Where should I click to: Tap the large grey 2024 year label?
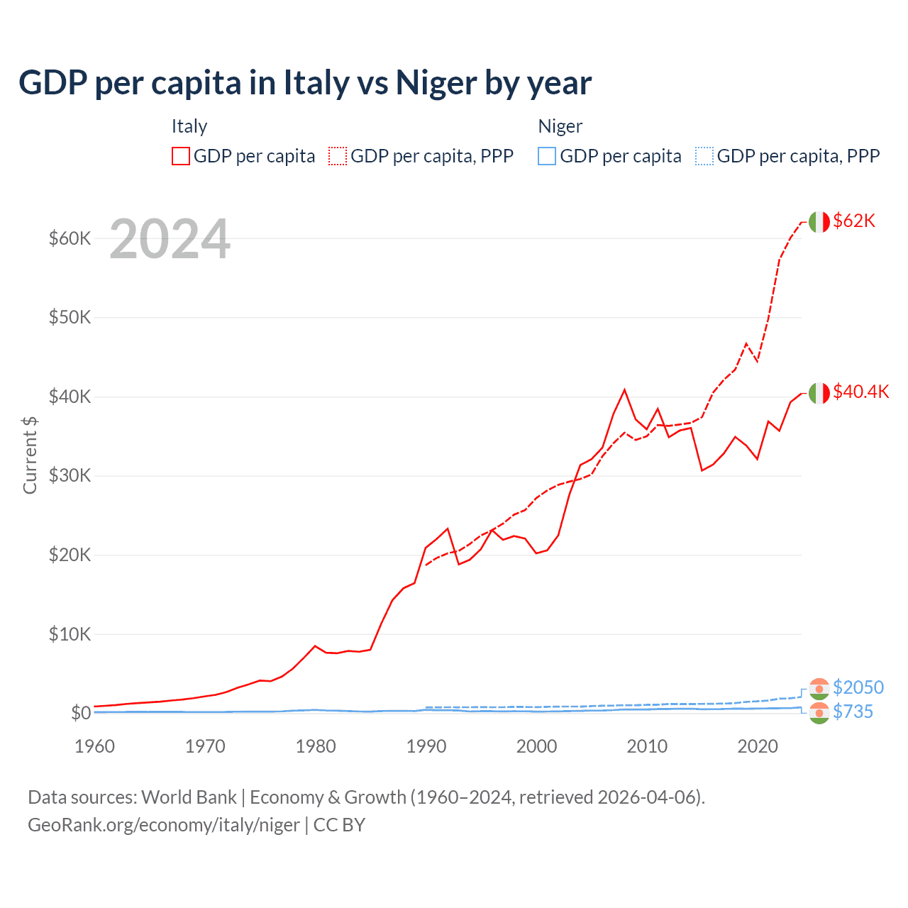170,240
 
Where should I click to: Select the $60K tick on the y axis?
70,238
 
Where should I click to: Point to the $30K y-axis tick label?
70,475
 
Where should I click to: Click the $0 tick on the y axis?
81,713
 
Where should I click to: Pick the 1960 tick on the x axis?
94,746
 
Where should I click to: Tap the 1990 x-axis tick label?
426,746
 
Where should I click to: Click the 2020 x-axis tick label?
758,746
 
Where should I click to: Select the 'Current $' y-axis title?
30,455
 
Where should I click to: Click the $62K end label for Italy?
854,221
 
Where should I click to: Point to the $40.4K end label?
860,392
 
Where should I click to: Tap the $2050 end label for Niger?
858,687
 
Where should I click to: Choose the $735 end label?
853,712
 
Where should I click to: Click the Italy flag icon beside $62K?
819,222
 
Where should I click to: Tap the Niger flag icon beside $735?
819,714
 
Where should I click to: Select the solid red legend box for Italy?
181,156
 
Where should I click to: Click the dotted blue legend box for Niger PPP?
704,156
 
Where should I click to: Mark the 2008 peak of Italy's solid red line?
624,389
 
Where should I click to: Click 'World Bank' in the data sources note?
189,797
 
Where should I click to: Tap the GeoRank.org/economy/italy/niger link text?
164,825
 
